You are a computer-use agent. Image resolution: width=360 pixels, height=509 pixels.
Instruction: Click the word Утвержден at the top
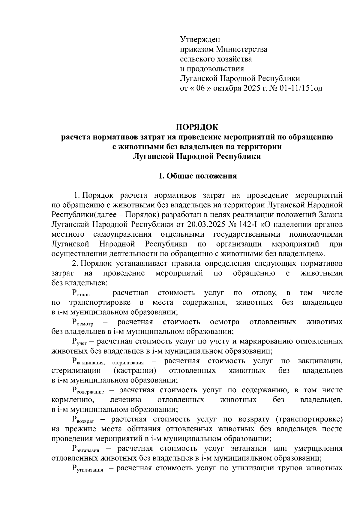[x=200, y=39]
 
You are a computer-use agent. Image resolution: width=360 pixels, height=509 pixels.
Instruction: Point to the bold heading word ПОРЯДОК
[x=197, y=127]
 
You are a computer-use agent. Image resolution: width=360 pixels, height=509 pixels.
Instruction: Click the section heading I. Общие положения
[x=198, y=176]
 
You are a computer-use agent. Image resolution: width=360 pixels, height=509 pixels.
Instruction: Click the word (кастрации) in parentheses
[x=135, y=371]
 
